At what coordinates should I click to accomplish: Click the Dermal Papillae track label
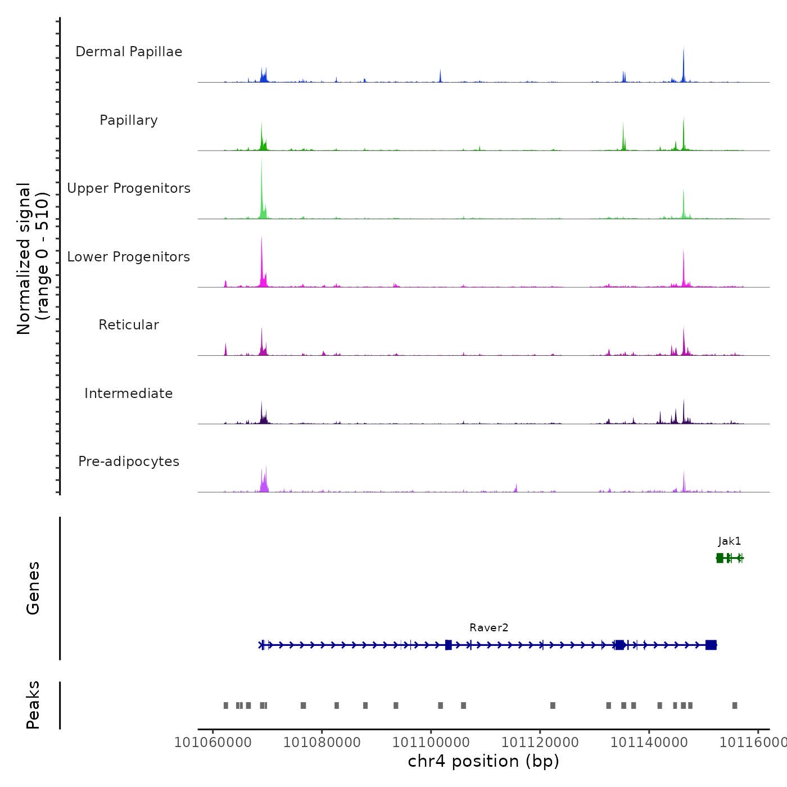coord(129,52)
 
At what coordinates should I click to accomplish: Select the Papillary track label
coord(129,120)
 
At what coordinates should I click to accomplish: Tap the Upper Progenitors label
coord(129,188)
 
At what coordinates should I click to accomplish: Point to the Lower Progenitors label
coord(129,257)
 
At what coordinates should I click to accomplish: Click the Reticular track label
coord(129,325)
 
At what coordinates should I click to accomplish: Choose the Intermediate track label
coord(129,393)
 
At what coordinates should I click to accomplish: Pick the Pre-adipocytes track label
coord(129,462)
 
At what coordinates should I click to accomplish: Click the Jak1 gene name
coord(730,541)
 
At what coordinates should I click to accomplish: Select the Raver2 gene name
coord(489,628)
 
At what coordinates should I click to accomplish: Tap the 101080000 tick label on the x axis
coord(322,743)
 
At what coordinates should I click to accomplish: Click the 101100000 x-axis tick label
coord(431,743)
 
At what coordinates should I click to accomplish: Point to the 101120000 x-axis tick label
coord(540,743)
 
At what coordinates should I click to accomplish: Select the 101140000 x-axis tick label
coord(649,743)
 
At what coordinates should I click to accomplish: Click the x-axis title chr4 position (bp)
coord(483,761)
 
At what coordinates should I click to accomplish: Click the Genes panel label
coord(33,588)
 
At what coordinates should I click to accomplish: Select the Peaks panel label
coord(33,705)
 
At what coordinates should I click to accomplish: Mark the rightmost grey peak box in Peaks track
coord(735,705)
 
